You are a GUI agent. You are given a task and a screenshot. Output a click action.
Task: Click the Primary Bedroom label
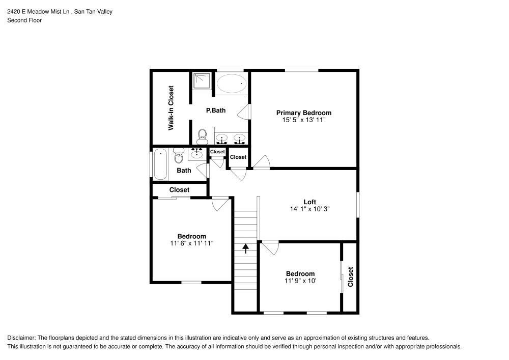[x=303, y=113]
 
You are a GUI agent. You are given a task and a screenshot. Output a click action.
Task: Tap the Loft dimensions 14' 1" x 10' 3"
[x=309, y=209]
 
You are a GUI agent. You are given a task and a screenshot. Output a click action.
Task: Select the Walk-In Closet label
[x=171, y=108]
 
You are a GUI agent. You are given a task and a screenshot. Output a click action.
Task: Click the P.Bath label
[x=216, y=110]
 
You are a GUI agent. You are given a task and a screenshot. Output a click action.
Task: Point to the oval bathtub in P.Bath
[x=231, y=84]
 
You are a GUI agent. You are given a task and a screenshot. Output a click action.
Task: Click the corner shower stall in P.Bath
[x=202, y=80]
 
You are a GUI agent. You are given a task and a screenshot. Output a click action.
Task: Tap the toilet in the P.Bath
[x=202, y=135]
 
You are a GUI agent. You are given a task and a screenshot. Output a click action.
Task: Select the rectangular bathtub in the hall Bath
[x=161, y=164]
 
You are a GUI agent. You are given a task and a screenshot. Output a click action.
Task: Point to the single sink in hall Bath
[x=196, y=154]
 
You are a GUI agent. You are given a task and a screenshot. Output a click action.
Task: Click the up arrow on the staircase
[x=246, y=248]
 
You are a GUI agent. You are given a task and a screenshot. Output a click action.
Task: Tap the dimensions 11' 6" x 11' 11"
[x=191, y=243]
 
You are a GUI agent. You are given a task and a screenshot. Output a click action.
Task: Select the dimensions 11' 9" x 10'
[x=300, y=281]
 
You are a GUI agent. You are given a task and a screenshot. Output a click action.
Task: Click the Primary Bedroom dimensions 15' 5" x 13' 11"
[x=303, y=120]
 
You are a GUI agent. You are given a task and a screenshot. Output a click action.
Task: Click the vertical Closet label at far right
[x=350, y=277]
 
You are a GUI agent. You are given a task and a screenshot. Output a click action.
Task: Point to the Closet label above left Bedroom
[x=179, y=190]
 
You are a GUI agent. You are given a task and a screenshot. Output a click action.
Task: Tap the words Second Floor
[x=24, y=20]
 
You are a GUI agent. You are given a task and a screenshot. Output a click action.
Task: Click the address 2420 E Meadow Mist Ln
[x=38, y=11]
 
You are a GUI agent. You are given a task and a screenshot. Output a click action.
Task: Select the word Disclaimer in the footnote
[x=21, y=338]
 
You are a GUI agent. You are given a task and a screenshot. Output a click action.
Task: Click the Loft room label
[x=309, y=202]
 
